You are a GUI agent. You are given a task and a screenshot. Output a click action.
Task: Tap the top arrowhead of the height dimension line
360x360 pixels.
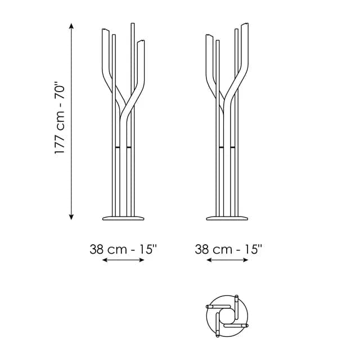(71, 25)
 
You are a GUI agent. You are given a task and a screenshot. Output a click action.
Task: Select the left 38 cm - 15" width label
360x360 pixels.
(123, 249)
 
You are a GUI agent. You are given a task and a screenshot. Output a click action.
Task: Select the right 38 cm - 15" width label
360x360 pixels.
(228, 249)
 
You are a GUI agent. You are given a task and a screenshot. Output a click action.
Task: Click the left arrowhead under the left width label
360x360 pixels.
(105, 260)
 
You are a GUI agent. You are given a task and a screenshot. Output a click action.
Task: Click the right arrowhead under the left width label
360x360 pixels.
(142, 260)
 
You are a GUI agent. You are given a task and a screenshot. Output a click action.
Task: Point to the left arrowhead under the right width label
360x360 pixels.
(209, 260)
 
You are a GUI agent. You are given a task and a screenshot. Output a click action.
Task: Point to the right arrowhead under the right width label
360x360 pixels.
(246, 260)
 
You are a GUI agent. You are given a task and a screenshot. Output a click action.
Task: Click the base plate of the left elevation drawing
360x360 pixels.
(123, 218)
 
